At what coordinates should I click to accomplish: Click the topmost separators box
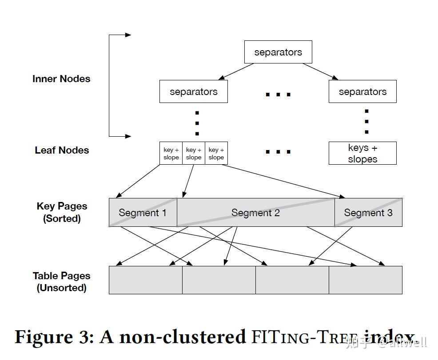click(x=278, y=52)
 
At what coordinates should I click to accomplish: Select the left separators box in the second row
click(x=193, y=91)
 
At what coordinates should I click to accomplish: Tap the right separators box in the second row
click(x=362, y=91)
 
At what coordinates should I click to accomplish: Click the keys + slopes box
click(x=362, y=153)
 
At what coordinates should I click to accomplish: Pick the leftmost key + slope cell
click(x=171, y=153)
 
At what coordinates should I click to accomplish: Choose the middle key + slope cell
click(x=194, y=153)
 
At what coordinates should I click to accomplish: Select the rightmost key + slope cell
click(x=216, y=153)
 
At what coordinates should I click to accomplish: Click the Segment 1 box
click(x=143, y=213)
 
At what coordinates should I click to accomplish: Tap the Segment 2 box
click(x=255, y=213)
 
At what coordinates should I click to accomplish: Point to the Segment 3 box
click(x=368, y=213)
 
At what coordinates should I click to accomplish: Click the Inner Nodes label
click(x=61, y=79)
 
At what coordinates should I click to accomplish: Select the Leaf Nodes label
click(x=62, y=150)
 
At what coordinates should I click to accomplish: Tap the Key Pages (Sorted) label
click(x=62, y=212)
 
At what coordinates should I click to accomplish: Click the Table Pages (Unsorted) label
click(x=61, y=281)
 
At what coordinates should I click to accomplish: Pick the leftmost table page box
click(x=146, y=280)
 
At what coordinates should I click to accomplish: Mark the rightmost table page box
click(x=366, y=280)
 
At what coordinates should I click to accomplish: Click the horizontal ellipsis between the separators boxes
click(x=278, y=95)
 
